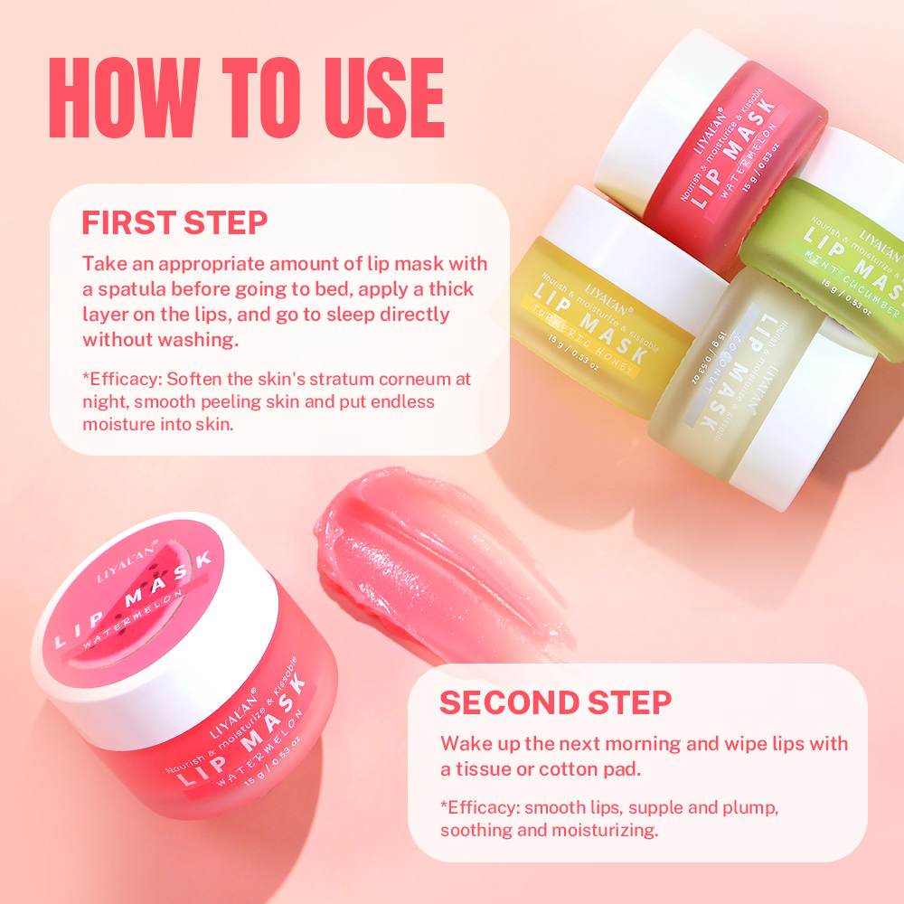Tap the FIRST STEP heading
point(174,222)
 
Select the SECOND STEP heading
point(555,702)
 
